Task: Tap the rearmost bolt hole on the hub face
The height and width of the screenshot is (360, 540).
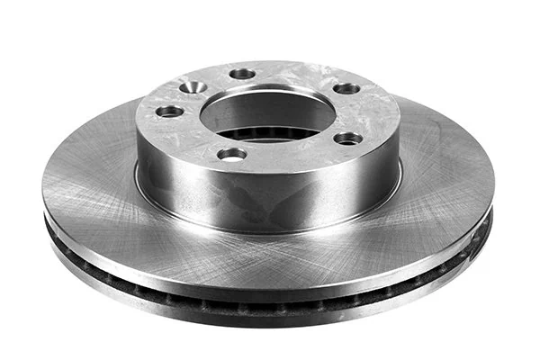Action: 242,75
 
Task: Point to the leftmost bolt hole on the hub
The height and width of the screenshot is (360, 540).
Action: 169,112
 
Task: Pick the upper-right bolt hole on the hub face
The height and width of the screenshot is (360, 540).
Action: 346,89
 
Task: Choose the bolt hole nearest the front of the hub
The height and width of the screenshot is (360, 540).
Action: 231,155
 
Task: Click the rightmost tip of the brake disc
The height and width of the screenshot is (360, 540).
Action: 495,193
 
